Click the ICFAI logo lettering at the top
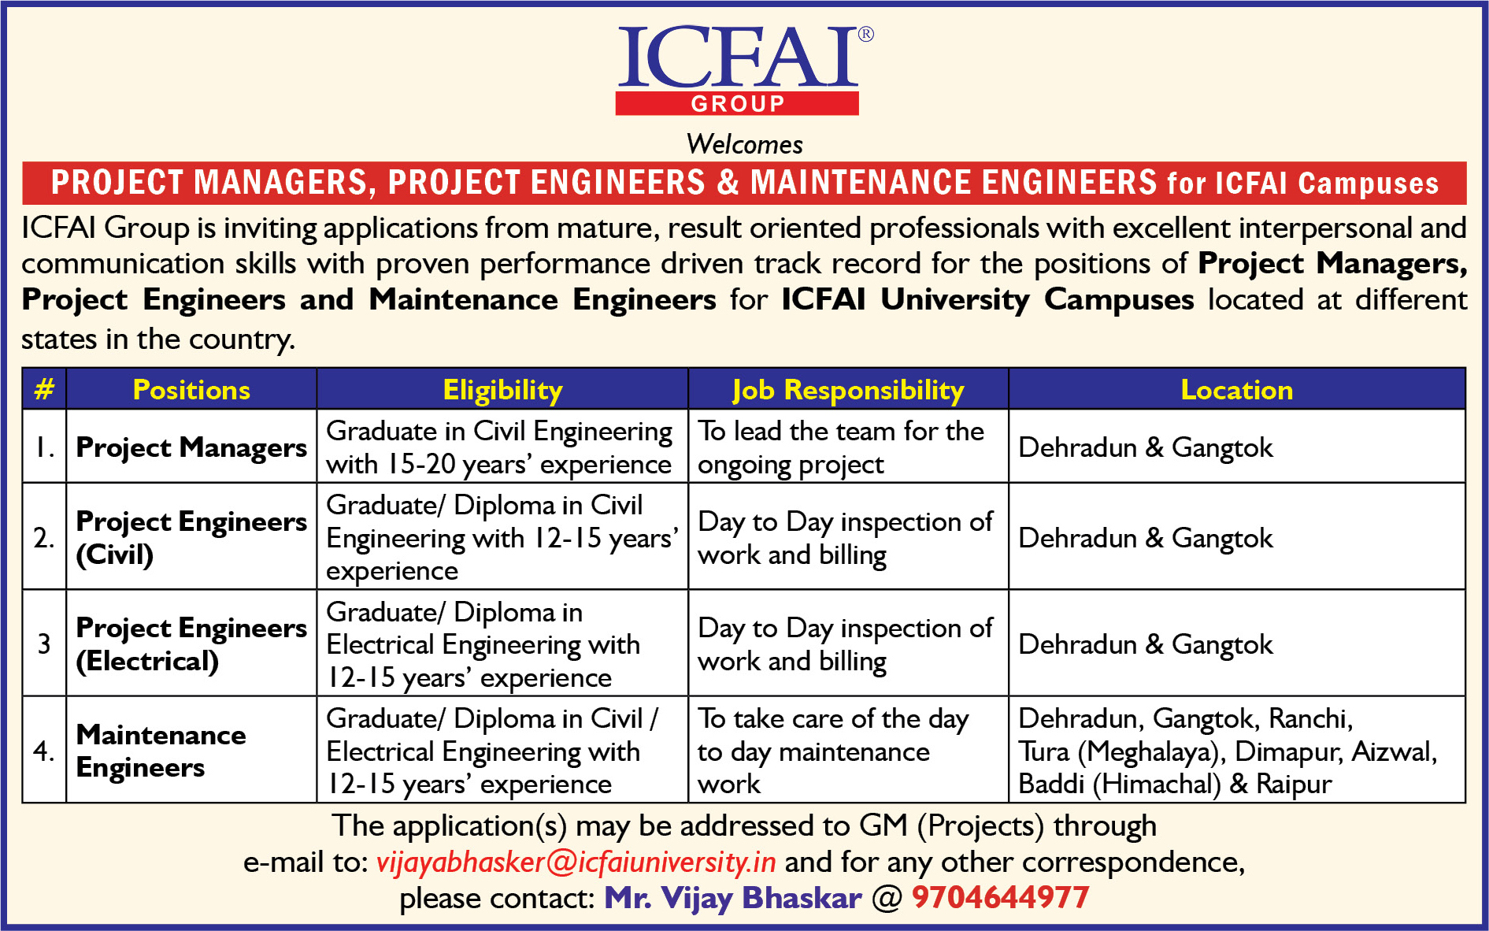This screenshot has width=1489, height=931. tap(738, 57)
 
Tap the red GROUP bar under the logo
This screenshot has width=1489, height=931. tap(737, 103)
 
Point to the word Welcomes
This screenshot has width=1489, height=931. tap(744, 144)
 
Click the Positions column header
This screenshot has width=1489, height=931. tap(191, 389)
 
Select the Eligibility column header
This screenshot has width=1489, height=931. tap(502, 390)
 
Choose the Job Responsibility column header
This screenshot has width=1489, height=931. tap(848, 390)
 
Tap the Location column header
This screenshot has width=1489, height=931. tap(1236, 389)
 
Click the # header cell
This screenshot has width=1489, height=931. tap(44, 389)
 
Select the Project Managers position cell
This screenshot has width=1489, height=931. tap(191, 447)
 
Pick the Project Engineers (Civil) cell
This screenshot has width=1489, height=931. tap(191, 537)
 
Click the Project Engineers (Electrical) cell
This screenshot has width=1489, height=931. tap(191, 644)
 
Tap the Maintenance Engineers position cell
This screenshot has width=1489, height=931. tap(191, 750)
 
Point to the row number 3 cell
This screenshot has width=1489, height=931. tap(44, 644)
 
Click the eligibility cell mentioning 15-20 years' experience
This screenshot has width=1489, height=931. tap(502, 447)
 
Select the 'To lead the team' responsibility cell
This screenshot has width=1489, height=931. tap(848, 447)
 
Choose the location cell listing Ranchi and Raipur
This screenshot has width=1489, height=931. tap(1236, 750)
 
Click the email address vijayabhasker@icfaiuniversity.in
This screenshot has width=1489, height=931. tap(576, 862)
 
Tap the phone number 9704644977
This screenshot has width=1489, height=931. tap(1000, 897)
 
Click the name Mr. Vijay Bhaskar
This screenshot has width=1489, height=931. tap(732, 898)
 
